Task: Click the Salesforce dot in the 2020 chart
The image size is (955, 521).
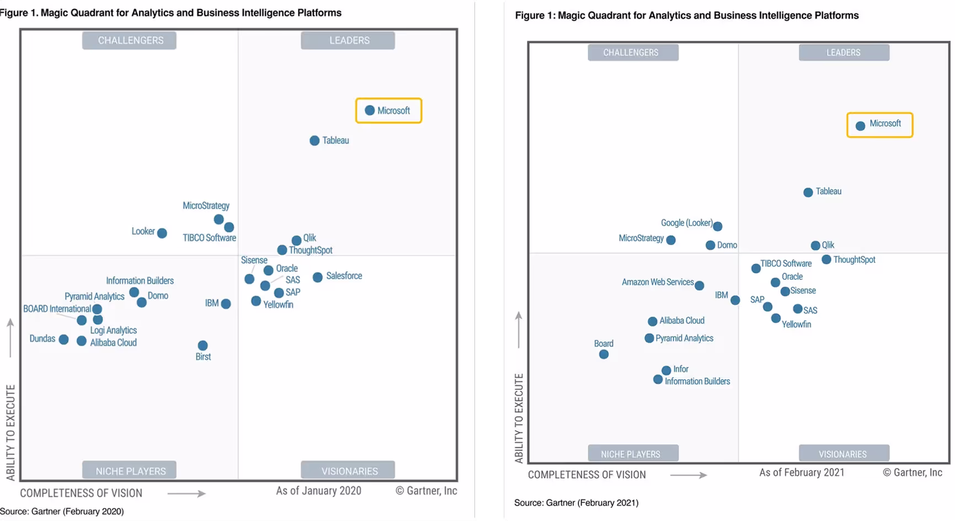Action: tap(318, 277)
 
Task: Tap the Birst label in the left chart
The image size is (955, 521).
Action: tap(203, 357)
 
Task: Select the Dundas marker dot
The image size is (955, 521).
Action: tap(63, 339)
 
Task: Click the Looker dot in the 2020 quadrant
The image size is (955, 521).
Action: tap(162, 233)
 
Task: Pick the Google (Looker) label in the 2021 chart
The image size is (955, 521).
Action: tap(686, 223)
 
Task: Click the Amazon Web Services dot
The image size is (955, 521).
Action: tap(700, 285)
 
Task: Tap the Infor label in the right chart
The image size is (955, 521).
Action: tap(681, 369)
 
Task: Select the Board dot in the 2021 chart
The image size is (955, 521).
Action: tap(604, 354)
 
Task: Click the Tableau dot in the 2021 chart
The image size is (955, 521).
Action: tap(808, 192)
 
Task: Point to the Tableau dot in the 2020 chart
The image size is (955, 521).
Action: tap(314, 141)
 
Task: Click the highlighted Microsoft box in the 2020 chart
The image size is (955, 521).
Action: tap(389, 110)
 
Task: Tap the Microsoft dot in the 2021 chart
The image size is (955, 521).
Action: tap(860, 126)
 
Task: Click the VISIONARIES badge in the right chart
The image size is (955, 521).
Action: tap(844, 454)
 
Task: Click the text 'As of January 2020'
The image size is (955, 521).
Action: tap(318, 491)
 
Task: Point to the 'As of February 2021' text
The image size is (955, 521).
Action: tap(801, 472)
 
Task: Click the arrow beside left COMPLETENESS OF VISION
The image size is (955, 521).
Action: tap(186, 493)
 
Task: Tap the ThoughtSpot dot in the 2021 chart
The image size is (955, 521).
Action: tap(826, 259)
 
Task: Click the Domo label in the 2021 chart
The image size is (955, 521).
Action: tap(727, 245)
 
